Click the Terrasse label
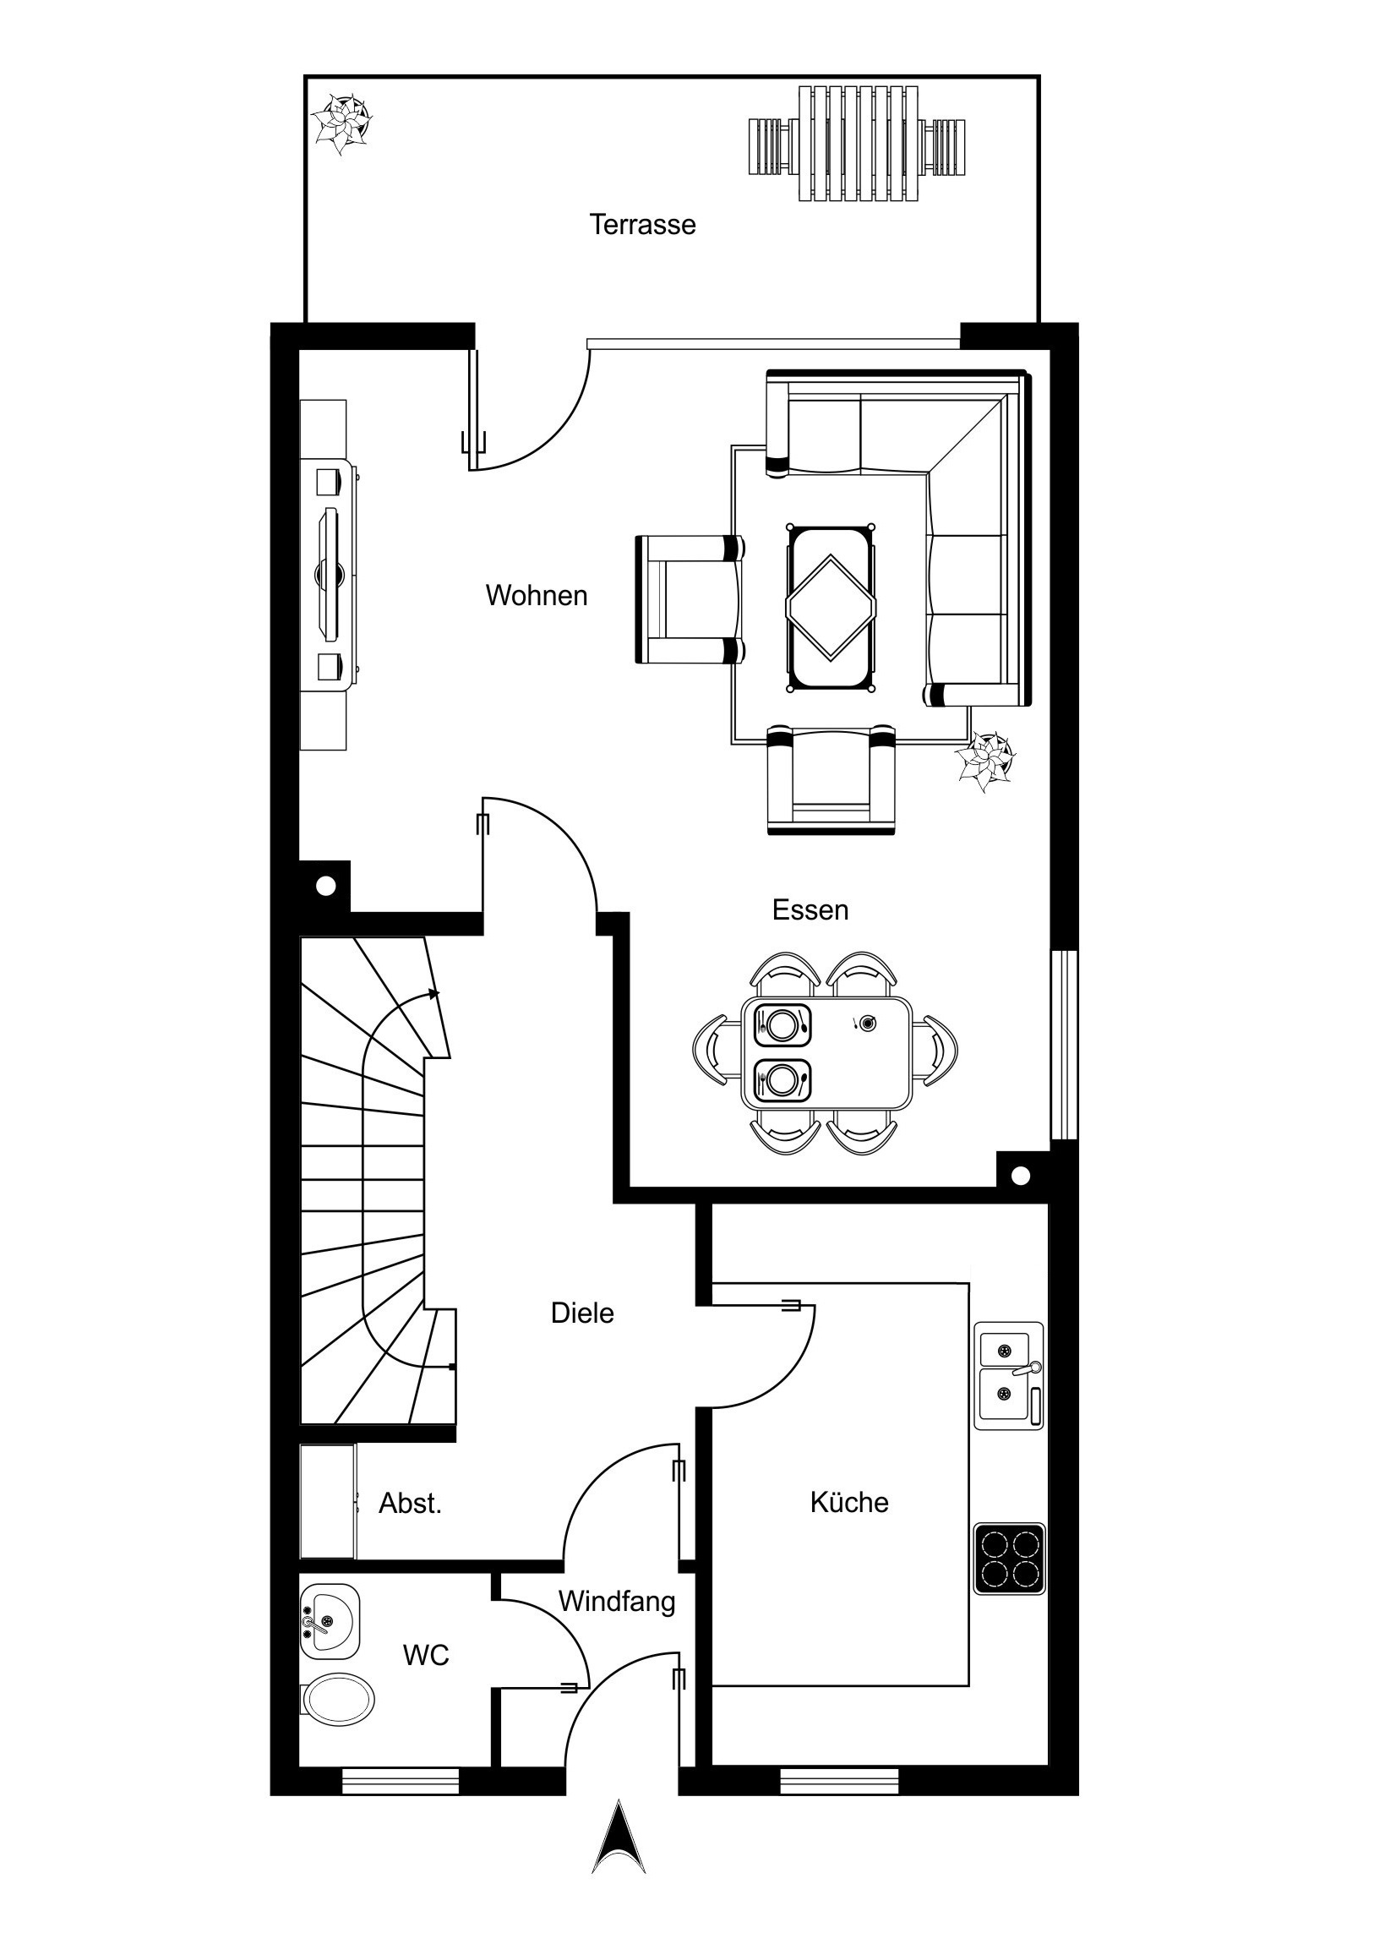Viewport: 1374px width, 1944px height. pos(642,224)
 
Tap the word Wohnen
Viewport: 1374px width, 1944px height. pos(537,595)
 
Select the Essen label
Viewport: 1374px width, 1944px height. pos(810,910)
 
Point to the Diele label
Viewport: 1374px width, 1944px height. pos(582,1313)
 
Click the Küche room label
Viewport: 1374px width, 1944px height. pos(849,1502)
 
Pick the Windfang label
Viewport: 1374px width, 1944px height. pos(617,1601)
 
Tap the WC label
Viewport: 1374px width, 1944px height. pos(426,1655)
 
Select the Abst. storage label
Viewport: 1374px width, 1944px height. pos(411,1503)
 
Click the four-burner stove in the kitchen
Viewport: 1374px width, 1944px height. pos(1009,1559)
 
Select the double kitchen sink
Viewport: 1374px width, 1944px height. pos(1008,1376)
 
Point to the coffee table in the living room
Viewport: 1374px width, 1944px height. pos(831,609)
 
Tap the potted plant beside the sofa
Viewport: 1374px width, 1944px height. pos(984,762)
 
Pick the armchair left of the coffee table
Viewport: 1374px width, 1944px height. pos(690,599)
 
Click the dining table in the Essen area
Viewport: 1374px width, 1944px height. pos(826,1053)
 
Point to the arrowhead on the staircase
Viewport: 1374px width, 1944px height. pos(435,993)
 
